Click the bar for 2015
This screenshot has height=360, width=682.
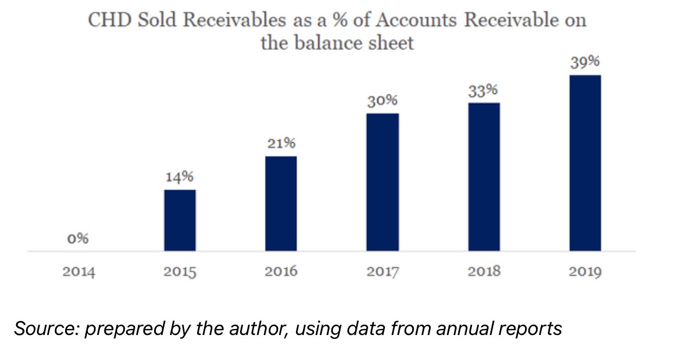tap(180, 220)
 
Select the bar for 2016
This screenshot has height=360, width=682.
tap(281, 204)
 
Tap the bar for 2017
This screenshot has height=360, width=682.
tap(382, 182)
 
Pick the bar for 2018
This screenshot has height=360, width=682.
tap(484, 176)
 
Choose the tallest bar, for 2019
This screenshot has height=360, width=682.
tap(585, 163)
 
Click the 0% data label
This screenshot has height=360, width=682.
tap(78, 238)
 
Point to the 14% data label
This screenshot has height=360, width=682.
tap(180, 177)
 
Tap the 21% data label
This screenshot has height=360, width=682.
tap(281, 144)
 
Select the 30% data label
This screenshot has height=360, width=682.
tap(382, 101)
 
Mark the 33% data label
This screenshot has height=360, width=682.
tap(484, 90)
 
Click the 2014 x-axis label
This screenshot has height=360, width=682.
tap(79, 271)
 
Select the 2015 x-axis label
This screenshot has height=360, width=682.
tap(180, 271)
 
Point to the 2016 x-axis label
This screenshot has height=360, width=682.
tap(281, 271)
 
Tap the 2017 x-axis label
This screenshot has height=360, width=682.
tap(382, 271)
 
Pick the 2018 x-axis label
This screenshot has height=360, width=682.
tap(484, 271)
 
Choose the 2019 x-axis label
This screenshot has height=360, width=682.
tap(585, 271)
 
